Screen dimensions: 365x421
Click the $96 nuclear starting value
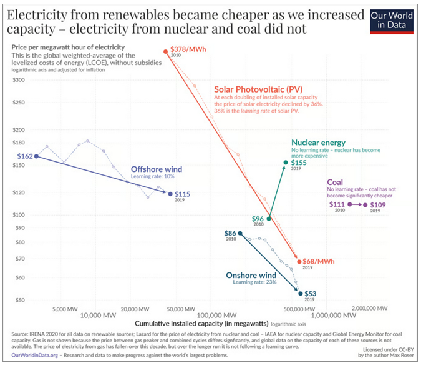[x=258, y=219]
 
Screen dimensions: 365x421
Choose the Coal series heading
[x=335, y=182]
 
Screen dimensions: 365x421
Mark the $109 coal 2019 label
[x=379, y=204]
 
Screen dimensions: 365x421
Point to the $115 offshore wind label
[x=182, y=194]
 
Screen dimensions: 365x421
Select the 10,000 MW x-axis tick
[x=97, y=314]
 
